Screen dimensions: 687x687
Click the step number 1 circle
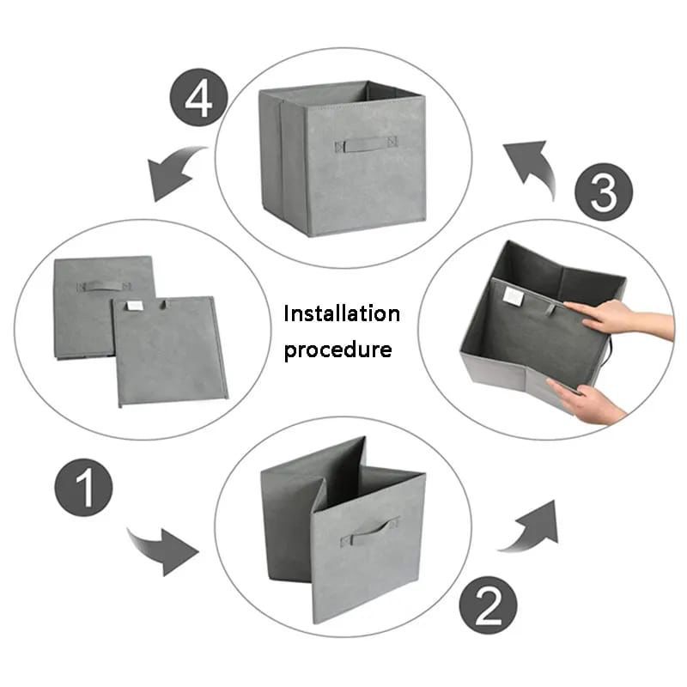coord(84,489)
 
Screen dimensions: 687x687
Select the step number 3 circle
coord(603,192)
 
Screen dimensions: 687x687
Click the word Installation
coord(342,313)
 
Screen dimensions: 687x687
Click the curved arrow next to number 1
coord(163,548)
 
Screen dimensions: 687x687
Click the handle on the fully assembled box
coord(367,143)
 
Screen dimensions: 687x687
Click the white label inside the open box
coord(512,295)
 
